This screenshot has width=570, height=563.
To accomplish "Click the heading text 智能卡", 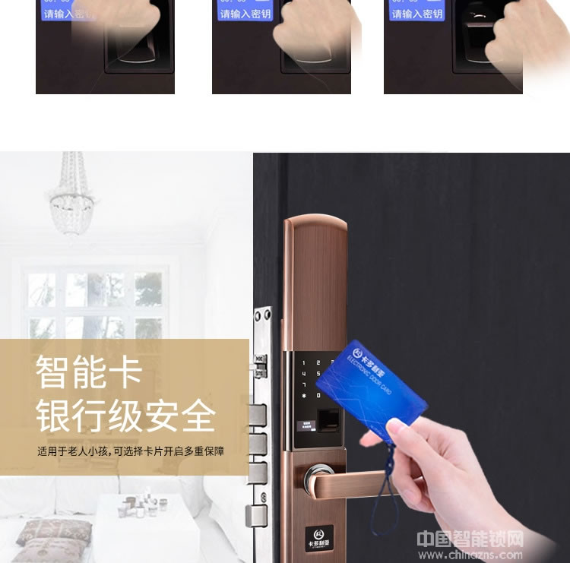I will [90, 372].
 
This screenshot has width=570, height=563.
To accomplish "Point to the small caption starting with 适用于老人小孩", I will [131, 451].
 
